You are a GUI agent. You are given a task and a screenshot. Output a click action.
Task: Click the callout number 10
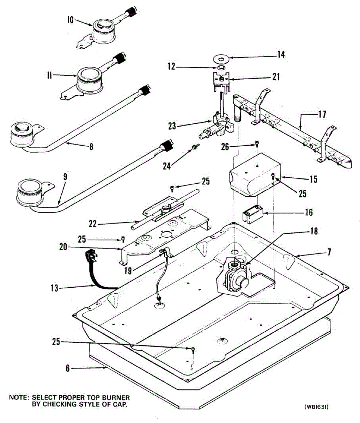tap(70, 20)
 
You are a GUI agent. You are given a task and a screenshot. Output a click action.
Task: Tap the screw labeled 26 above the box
tap(257, 143)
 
